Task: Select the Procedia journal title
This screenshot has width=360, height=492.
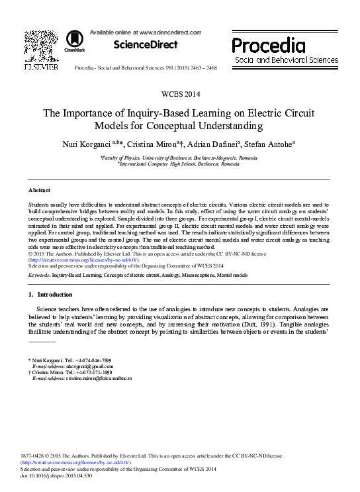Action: click(x=268, y=44)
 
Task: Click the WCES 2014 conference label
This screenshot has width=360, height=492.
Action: click(x=179, y=95)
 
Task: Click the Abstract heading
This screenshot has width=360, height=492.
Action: click(x=39, y=190)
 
